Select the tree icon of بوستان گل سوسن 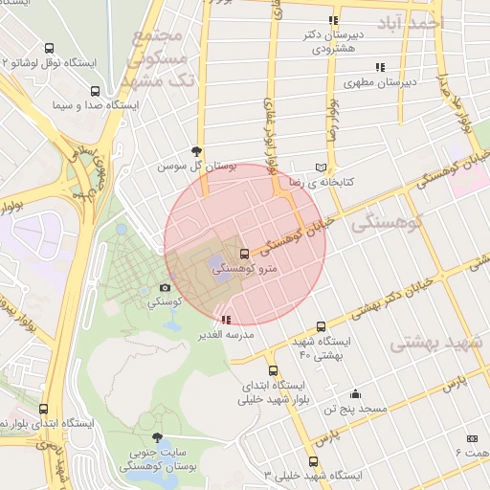point(197,150)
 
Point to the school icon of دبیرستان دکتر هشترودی point(333,20)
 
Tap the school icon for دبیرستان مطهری point(380,67)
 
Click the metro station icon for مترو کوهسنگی point(245,254)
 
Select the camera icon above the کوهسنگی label point(165,287)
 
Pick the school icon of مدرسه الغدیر point(226,320)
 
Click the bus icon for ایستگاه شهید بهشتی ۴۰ point(320,325)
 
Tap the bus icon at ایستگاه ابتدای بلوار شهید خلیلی point(273,370)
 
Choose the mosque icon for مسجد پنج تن point(356,393)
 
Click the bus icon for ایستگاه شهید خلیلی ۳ point(326,460)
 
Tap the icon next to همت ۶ point(471,437)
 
